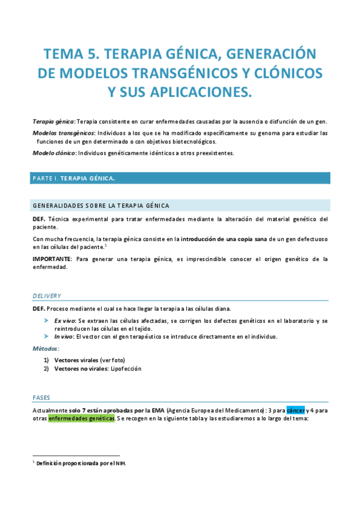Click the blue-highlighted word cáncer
pos(296,410)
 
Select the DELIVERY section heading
pos(46,296)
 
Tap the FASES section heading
pos(41,398)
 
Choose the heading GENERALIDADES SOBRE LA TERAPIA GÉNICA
pos(101,205)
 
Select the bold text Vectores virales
pos(76,360)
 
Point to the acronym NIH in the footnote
pos(121,463)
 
